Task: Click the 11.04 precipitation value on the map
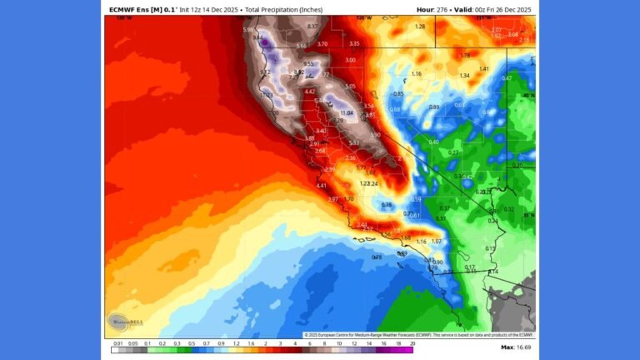[347, 112]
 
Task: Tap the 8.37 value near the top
[312, 27]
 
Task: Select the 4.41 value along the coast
[322, 186]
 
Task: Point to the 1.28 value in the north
[420, 27]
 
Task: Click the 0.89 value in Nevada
[434, 107]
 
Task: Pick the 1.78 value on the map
[465, 56]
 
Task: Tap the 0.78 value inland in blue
[386, 204]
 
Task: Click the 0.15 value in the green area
[490, 248]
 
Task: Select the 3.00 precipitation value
[350, 60]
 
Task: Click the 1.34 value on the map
[465, 76]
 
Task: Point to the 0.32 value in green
[509, 209]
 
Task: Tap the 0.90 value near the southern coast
[438, 262]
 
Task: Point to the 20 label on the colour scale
[412, 342]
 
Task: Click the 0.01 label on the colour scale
[119, 342]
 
